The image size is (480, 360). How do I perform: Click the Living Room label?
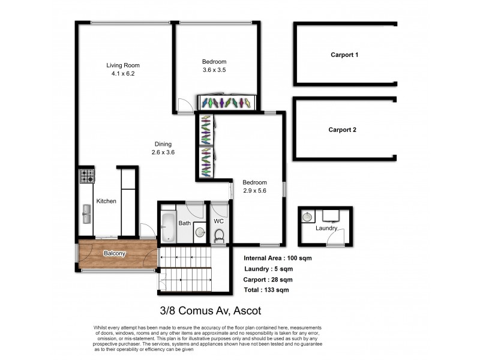pyautogui.click(x=123, y=65)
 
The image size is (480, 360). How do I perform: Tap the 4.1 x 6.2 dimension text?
pyautogui.click(x=123, y=74)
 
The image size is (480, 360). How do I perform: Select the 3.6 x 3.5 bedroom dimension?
pyautogui.click(x=214, y=70)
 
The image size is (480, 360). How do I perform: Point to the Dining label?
pyautogui.click(x=163, y=144)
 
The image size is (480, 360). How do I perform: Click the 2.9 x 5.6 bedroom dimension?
pyautogui.click(x=254, y=191)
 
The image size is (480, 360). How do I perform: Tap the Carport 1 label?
pyautogui.click(x=344, y=55)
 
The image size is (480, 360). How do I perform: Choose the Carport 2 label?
pyautogui.click(x=343, y=130)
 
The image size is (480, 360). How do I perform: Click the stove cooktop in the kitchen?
pyautogui.click(x=88, y=176)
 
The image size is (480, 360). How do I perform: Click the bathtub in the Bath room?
pyautogui.click(x=168, y=227)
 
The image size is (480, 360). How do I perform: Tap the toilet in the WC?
pyautogui.click(x=219, y=235)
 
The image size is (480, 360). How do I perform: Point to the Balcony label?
pyautogui.click(x=115, y=253)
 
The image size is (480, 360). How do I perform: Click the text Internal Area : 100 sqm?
pyautogui.click(x=278, y=258)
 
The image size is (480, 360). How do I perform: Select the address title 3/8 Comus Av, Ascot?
pyautogui.click(x=210, y=311)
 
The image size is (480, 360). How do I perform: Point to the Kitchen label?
pyautogui.click(x=106, y=201)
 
